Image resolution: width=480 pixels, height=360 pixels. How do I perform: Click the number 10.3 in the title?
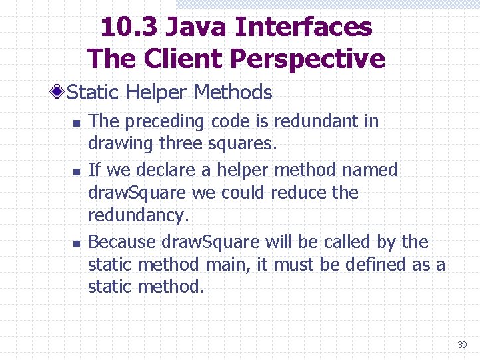click(129, 27)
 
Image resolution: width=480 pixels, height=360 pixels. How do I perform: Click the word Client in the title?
click(180, 59)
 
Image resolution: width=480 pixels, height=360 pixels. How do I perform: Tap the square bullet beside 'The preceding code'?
click(77, 123)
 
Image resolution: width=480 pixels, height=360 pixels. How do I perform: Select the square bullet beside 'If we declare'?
click(77, 172)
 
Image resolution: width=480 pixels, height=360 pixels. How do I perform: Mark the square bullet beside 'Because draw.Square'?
click(77, 243)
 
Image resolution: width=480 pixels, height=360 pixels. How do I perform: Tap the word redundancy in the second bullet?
click(137, 215)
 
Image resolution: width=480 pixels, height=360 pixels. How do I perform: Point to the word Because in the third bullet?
click(119, 241)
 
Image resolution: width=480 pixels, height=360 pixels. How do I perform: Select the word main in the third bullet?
click(226, 265)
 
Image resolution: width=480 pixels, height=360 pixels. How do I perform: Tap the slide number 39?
click(462, 345)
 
